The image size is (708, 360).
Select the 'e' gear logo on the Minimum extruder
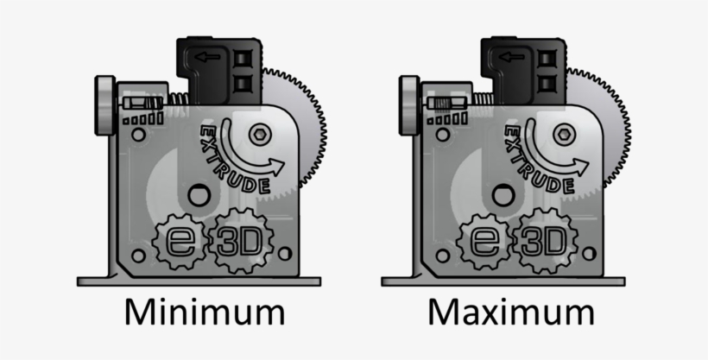[180, 240]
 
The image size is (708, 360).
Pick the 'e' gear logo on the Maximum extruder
[485, 240]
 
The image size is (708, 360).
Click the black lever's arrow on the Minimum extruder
[206, 58]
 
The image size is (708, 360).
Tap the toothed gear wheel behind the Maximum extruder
[614, 129]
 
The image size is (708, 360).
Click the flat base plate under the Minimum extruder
[199, 281]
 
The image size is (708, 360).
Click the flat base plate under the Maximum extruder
[503, 281]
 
